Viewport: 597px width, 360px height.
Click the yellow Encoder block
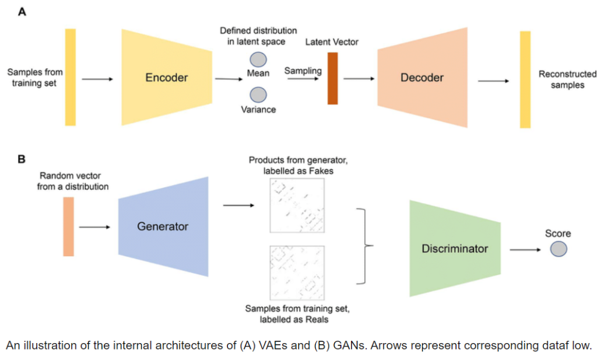(x=166, y=77)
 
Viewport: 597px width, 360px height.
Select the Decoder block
(x=422, y=77)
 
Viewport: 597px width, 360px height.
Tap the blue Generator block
(x=163, y=226)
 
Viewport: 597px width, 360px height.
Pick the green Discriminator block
(x=455, y=249)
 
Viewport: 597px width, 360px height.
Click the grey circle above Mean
(x=258, y=60)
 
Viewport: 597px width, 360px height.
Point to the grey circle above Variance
(x=258, y=95)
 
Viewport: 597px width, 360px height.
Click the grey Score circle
(x=558, y=249)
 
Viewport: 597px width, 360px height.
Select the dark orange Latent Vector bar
(x=333, y=78)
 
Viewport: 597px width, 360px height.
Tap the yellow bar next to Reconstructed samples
(x=525, y=79)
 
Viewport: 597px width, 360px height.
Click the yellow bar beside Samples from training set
(x=71, y=77)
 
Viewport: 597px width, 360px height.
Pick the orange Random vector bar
(x=69, y=226)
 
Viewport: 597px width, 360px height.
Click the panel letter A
(x=22, y=12)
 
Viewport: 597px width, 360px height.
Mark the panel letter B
(x=22, y=158)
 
